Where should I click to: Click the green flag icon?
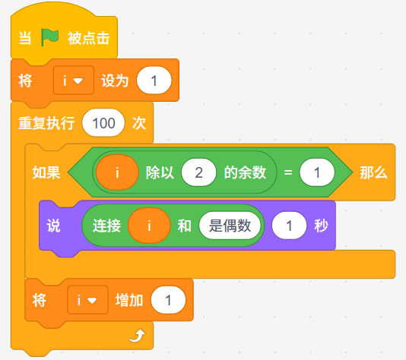tap(49, 37)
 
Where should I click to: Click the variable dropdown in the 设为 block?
tap(74, 81)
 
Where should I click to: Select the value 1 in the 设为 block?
tap(154, 81)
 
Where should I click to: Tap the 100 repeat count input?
tap(103, 123)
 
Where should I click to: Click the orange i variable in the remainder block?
tap(117, 172)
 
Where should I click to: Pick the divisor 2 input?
tap(199, 172)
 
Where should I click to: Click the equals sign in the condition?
tap(288, 172)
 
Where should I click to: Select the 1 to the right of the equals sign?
tap(317, 172)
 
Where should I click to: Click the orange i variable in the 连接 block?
tap(149, 226)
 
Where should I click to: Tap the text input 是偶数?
tap(230, 226)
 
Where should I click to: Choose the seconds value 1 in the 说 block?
tap(289, 226)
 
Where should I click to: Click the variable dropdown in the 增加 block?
tap(87, 300)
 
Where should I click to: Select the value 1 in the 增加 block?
tap(168, 300)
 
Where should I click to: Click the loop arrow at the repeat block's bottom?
tap(137, 336)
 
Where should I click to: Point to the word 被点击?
tap(88, 38)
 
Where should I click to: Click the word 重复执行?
tap(46, 123)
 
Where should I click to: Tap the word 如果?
tap(46, 172)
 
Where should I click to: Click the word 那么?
tap(373, 172)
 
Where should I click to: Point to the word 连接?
tap(107, 226)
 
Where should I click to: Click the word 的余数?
tap(245, 172)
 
